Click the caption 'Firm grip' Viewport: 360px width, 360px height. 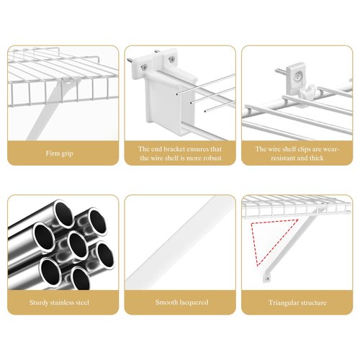[x=60, y=153]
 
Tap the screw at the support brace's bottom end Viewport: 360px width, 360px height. [x=267, y=279]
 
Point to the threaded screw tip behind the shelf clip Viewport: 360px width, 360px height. [x=280, y=71]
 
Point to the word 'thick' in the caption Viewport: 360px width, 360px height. [x=316, y=158]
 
